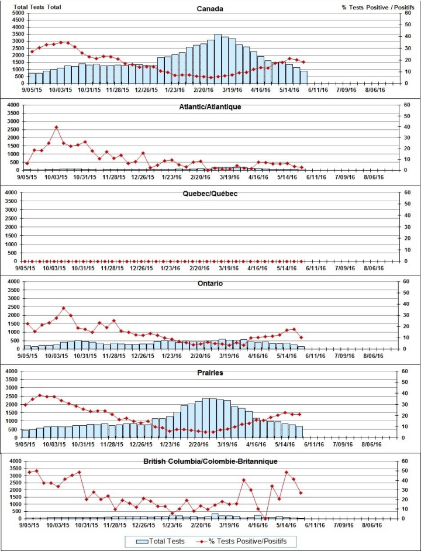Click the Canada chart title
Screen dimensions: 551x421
[x=210, y=9]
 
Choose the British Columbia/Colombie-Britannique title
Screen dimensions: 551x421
[x=210, y=462]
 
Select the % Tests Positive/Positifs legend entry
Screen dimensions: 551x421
[x=255, y=540]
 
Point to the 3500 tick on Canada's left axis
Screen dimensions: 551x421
[x=11, y=35]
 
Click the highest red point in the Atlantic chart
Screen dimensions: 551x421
[x=56, y=127]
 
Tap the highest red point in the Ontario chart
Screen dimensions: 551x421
[x=64, y=308]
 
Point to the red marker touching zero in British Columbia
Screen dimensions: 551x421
[x=265, y=518]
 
